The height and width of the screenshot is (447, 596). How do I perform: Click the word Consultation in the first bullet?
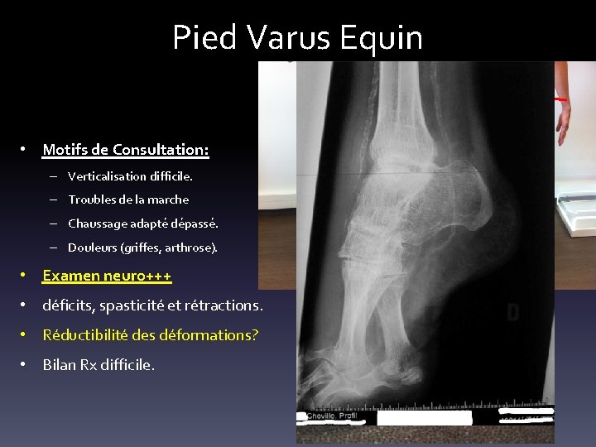coord(161,150)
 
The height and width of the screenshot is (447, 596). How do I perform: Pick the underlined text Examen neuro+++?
coord(107,275)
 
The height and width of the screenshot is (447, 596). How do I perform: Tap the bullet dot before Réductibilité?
coord(26,335)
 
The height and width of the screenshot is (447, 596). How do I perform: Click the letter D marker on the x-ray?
coord(512,313)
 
